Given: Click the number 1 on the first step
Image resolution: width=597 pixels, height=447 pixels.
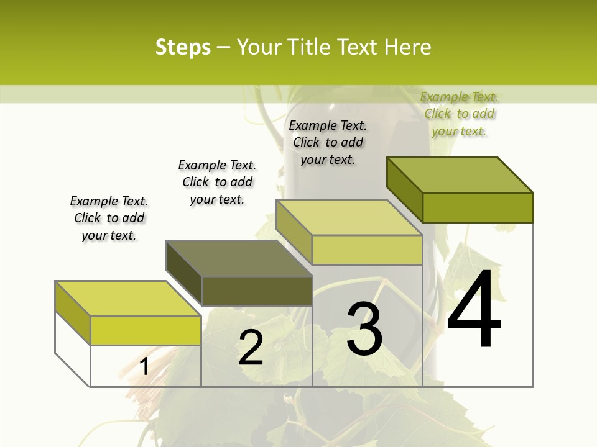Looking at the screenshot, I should point(144,366).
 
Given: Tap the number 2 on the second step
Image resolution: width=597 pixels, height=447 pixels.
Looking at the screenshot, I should point(251,348).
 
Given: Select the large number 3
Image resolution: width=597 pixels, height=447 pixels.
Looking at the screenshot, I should point(364,328).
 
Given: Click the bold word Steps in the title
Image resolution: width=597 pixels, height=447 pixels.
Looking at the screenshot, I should point(183,47).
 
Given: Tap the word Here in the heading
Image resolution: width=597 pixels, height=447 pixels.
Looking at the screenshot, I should point(407,47).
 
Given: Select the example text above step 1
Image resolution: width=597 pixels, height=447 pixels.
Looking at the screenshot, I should point(109,219).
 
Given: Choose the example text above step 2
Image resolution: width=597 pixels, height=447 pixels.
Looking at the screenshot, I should point(217,182).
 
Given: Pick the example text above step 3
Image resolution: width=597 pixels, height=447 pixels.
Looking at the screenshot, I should point(328,142).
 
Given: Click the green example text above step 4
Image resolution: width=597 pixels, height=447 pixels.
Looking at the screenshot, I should point(459,114).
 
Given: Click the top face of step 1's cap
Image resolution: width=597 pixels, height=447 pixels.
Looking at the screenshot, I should point(128,299).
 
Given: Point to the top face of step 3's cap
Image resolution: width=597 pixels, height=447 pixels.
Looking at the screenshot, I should point(349,217).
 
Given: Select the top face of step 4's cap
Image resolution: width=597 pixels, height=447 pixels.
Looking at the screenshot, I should point(460,175).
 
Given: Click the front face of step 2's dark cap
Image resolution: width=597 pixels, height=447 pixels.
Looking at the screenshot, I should point(257,291).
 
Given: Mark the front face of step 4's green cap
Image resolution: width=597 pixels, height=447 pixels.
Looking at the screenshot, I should point(478,207).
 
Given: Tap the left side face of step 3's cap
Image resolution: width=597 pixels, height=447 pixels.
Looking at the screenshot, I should point(294,232).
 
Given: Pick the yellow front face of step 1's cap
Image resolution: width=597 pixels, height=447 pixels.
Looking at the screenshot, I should point(146,330).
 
